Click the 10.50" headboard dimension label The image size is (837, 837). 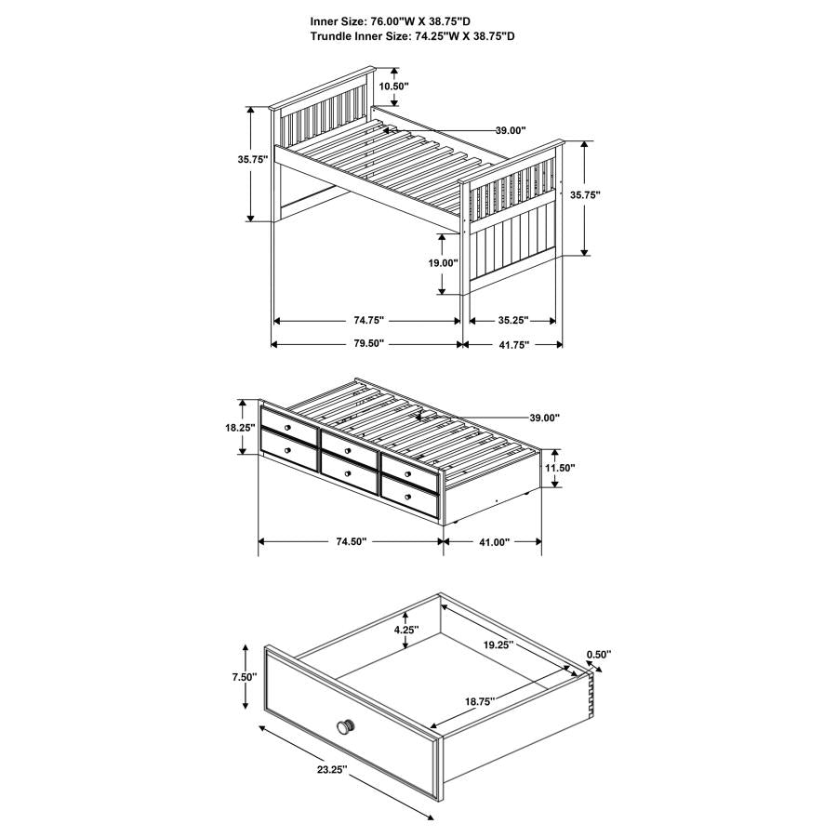[x=393, y=86]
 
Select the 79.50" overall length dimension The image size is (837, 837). [x=369, y=343]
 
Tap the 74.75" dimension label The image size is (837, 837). [x=369, y=320]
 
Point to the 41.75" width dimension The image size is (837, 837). [x=513, y=344]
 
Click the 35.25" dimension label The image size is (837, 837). [x=513, y=320]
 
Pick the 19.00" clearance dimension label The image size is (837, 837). [x=443, y=262]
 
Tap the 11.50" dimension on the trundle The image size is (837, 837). [x=560, y=468]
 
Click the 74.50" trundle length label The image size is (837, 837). [x=352, y=542]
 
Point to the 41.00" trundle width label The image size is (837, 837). [x=495, y=542]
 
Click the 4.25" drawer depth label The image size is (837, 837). [x=406, y=630]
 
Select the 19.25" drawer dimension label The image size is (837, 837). [x=498, y=644]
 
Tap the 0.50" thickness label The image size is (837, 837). [x=598, y=654]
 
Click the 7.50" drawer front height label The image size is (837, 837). [x=245, y=677]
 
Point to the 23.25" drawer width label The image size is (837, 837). [x=332, y=769]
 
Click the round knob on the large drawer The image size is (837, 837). [x=345, y=726]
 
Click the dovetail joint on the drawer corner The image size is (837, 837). [x=591, y=693]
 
